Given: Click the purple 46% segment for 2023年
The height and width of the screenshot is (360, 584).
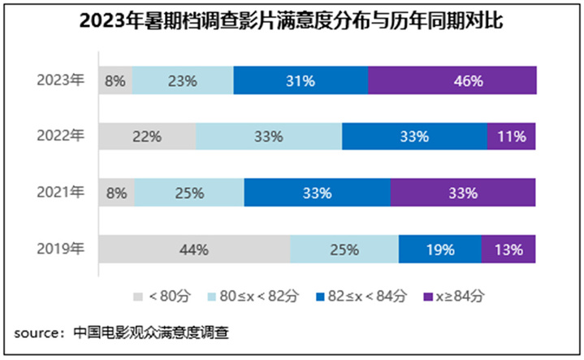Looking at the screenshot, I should point(452,80).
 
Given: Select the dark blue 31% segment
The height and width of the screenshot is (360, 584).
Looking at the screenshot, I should point(300,80).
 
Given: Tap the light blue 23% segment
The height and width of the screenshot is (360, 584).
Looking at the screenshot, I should point(183,80).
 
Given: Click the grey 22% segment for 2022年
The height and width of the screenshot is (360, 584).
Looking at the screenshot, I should point(147,137).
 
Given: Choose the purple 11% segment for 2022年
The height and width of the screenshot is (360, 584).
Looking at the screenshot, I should point(511,137).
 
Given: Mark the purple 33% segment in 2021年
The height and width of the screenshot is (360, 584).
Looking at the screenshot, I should point(463,193).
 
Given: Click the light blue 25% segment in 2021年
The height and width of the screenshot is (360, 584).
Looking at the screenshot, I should point(188,193).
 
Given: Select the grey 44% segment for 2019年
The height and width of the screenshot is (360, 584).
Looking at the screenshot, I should point(194,249).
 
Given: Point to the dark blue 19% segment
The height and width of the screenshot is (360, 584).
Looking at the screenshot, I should point(439,249).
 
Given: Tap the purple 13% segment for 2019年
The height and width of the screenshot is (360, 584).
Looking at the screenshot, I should point(508,249).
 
